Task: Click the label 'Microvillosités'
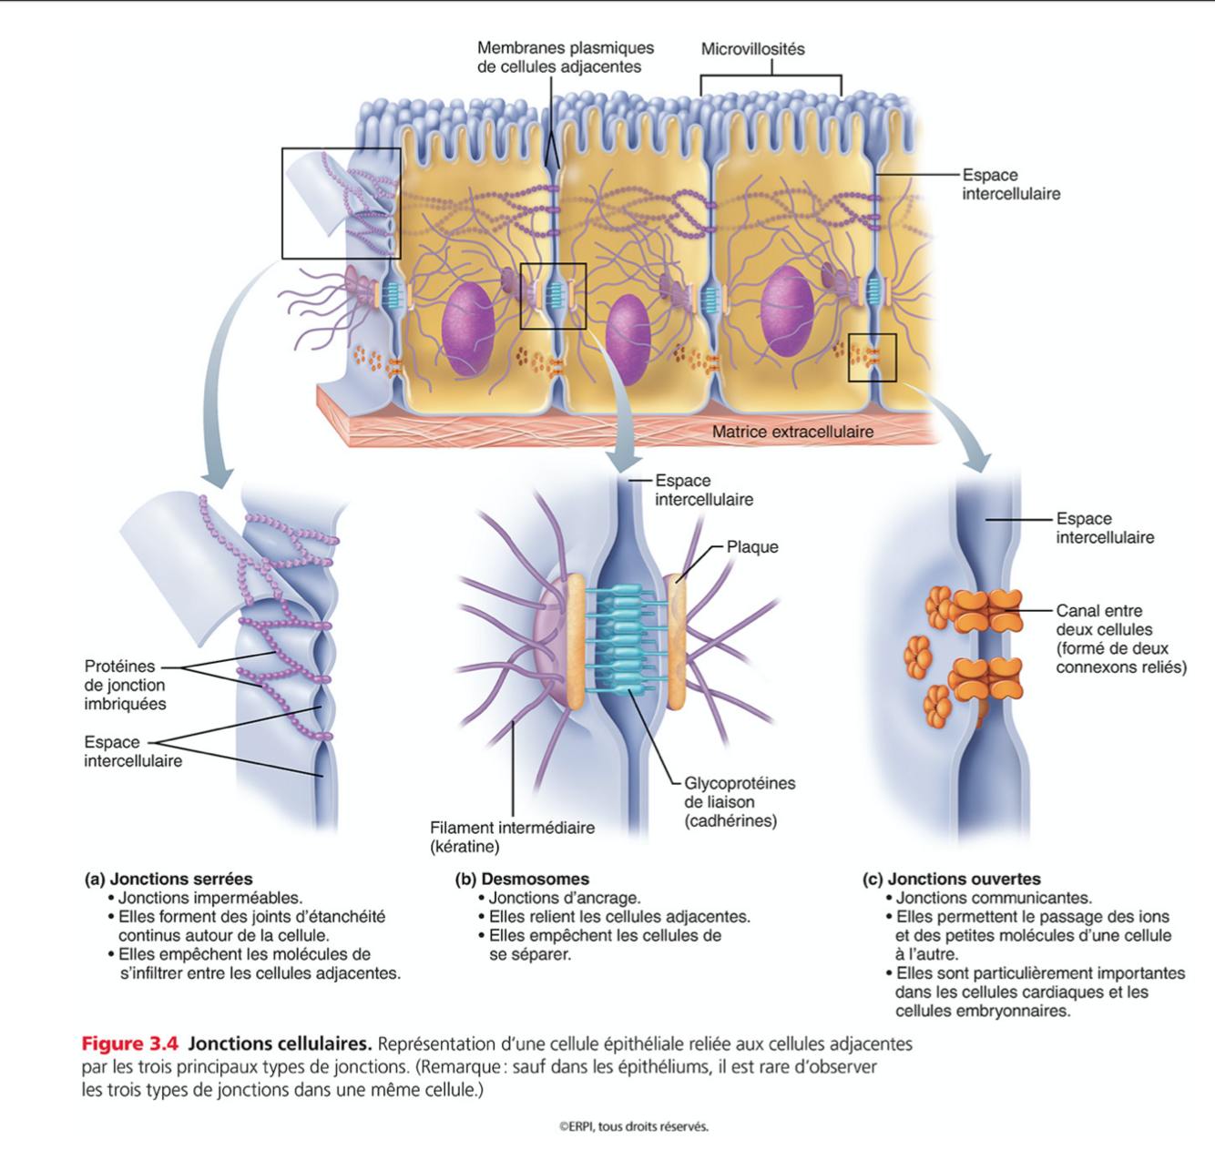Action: click(x=752, y=49)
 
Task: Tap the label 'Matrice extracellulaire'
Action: click(x=792, y=432)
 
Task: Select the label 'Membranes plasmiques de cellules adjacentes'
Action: click(x=565, y=57)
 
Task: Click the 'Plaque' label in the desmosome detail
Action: click(x=752, y=547)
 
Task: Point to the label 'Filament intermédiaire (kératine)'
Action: click(x=512, y=837)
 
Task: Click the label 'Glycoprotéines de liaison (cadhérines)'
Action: click(x=739, y=802)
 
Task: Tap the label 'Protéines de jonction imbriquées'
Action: click(x=125, y=685)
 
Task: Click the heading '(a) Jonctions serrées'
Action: click(x=168, y=879)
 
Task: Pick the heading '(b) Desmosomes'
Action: click(x=522, y=879)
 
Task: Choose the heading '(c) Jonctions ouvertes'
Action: click(x=952, y=879)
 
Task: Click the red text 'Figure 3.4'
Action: click(x=129, y=1043)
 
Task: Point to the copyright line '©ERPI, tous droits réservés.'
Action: click(x=633, y=1126)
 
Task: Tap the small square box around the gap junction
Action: click(x=873, y=358)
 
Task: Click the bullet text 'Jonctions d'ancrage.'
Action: click(x=564, y=898)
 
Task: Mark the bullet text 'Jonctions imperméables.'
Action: click(x=209, y=898)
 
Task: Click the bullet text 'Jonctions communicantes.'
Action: click(x=993, y=898)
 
